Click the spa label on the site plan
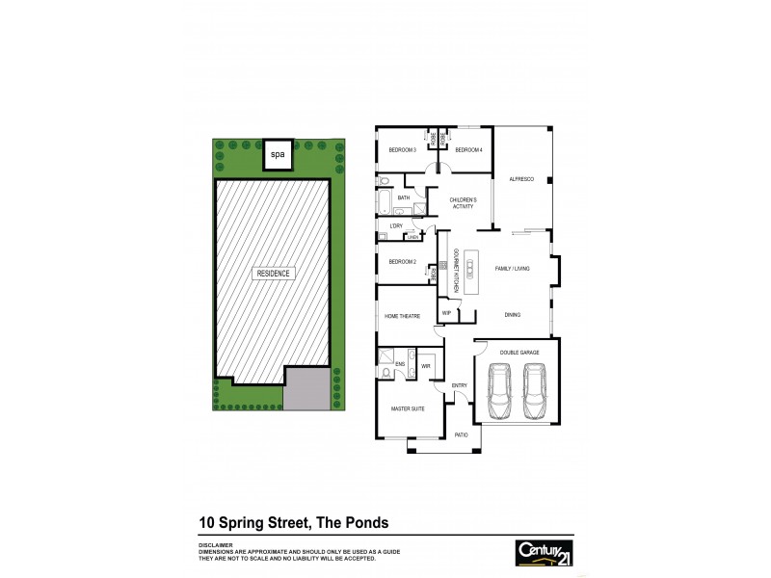(x=278, y=154)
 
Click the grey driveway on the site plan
(x=306, y=389)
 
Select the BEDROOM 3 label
(x=402, y=150)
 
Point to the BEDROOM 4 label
(x=468, y=150)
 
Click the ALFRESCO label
(x=521, y=177)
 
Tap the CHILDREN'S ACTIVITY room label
(x=465, y=203)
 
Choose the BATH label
(x=404, y=198)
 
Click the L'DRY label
(x=395, y=226)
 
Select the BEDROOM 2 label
(x=402, y=262)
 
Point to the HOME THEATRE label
(x=403, y=316)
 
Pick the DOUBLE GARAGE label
(x=515, y=354)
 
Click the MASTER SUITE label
(x=408, y=409)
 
